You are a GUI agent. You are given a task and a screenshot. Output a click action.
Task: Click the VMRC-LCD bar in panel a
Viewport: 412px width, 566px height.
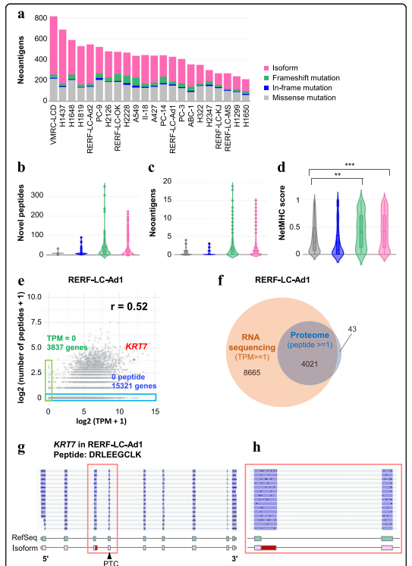(x=54, y=58)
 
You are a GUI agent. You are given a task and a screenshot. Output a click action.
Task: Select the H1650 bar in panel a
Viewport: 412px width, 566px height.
(x=246, y=90)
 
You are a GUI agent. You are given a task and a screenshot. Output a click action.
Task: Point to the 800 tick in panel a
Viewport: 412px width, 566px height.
(x=41, y=18)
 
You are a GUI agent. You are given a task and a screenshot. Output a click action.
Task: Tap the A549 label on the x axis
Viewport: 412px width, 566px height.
(x=136, y=114)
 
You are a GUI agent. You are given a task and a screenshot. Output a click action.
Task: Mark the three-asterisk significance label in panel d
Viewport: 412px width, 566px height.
(x=350, y=165)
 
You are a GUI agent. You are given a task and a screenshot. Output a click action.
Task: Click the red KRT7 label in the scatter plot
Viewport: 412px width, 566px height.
(x=137, y=346)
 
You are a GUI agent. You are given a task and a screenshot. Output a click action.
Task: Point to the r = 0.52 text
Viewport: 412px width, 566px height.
(x=129, y=306)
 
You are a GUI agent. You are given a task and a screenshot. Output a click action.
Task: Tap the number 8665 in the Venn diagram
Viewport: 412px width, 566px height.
(x=252, y=373)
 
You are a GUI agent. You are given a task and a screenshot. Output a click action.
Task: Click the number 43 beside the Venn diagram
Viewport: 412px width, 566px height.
(x=352, y=329)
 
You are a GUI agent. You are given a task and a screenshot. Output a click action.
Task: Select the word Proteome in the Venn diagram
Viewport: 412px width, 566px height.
(x=310, y=335)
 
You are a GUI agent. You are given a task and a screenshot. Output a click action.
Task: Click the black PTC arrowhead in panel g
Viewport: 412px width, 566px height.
(x=109, y=556)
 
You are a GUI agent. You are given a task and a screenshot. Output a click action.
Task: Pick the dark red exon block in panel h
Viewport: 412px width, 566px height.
(x=269, y=548)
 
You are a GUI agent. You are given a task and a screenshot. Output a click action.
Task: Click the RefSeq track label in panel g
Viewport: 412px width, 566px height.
(x=24, y=538)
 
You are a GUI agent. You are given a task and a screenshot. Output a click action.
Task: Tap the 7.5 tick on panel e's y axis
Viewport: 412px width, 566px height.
(x=35, y=322)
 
